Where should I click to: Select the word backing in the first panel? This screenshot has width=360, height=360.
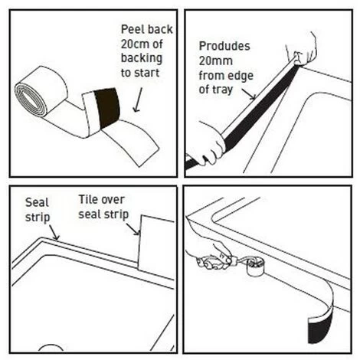tap(142, 58)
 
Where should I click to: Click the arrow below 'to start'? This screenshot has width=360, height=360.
tap(138, 100)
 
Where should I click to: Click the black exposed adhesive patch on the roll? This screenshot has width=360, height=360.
tap(106, 108)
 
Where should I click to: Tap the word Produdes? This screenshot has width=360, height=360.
tap(224, 46)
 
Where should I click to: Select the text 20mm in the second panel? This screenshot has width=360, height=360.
tap(216, 61)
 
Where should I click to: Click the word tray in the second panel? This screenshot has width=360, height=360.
tap(223, 90)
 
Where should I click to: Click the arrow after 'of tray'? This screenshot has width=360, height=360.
tap(249, 94)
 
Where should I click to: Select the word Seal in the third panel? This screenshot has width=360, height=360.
tap(37, 203)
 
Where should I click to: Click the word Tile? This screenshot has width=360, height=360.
tap(88, 200)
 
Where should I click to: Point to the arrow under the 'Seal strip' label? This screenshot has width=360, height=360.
tap(54, 233)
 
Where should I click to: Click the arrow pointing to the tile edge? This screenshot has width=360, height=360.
tap(133, 229)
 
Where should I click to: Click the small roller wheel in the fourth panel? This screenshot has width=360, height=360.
tap(255, 267)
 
